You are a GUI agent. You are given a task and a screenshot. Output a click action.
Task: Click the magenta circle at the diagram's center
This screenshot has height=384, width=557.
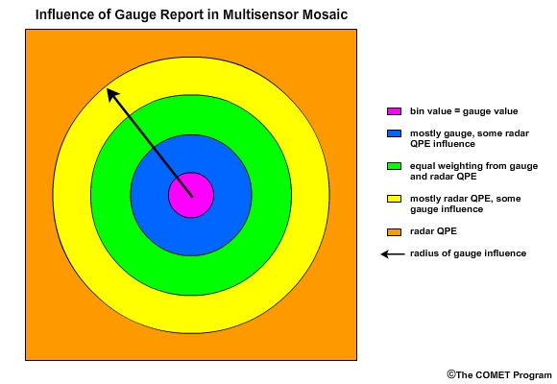coord(191,195)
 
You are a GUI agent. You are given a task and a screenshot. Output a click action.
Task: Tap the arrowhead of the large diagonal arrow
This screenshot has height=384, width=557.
coord(113,94)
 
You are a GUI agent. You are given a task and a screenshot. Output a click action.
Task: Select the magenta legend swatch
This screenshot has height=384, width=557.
coord(394,111)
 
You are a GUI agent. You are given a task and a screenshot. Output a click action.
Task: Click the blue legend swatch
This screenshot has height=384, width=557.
coord(394,133)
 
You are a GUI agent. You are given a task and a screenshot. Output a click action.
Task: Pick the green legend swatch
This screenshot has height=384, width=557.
coord(394,166)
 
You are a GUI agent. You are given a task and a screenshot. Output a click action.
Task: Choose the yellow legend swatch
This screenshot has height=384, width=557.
coord(394,199)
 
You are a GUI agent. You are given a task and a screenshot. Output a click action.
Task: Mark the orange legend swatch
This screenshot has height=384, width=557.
coord(394,232)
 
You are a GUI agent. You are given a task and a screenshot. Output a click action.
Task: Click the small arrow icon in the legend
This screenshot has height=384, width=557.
coord(393,254)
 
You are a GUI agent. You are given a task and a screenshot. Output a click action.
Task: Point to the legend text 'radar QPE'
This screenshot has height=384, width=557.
coord(433,231)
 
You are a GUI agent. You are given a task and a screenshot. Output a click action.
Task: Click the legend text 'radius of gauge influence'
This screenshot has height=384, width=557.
coord(469,253)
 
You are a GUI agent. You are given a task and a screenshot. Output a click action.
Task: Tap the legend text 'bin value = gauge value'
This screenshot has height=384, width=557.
coord(464,111)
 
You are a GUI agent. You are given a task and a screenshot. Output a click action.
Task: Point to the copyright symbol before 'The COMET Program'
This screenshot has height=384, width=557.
coord(451,374)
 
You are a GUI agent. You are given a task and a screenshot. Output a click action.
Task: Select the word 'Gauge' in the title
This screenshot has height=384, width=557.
coord(136,15)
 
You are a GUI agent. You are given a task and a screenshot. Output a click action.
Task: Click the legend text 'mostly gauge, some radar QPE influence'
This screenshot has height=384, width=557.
coord(470,138)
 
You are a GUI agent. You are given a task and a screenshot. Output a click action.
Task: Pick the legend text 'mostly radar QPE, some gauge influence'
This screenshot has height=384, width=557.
coord(466,204)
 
